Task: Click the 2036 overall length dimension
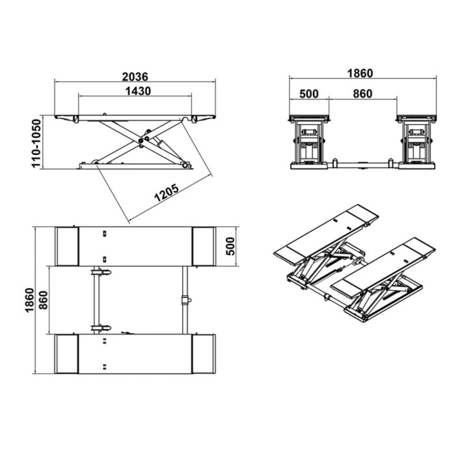[x=135, y=77]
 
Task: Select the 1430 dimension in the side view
[x=138, y=91]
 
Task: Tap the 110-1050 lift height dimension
[x=37, y=143]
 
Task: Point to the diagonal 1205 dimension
[x=167, y=193]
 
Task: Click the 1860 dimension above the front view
[x=360, y=73]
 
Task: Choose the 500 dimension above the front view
[x=309, y=94]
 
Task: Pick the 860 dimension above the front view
[x=363, y=94]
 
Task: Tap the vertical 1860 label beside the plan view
[x=30, y=300]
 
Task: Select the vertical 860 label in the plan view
[x=44, y=300]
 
